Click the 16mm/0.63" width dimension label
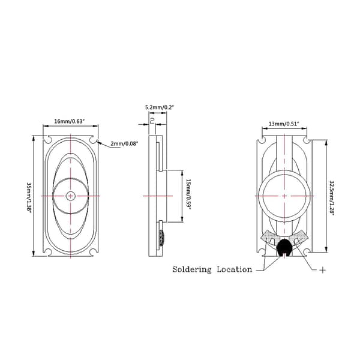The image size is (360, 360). (x=70, y=121)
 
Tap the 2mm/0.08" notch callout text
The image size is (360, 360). (x=124, y=144)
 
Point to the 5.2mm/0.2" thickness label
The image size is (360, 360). (x=160, y=107)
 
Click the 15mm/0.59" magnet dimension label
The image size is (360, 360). (x=188, y=195)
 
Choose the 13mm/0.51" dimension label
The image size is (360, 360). (x=284, y=124)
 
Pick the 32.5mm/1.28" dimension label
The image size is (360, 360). (x=332, y=198)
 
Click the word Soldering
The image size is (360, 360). (x=192, y=269)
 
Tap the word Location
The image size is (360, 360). (x=235, y=269)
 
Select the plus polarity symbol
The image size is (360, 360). (x=323, y=270)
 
